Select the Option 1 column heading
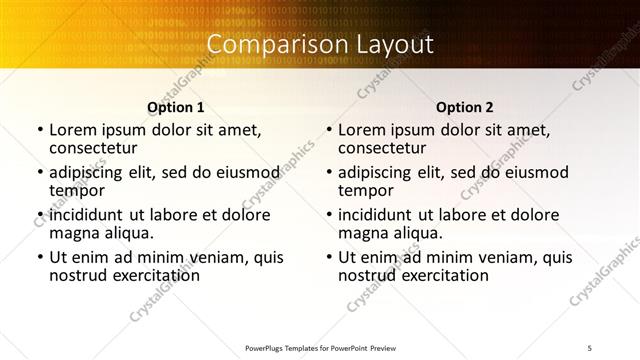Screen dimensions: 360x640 pos(176,107)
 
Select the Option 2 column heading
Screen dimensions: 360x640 pos(465,107)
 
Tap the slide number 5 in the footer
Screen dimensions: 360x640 pos(591,348)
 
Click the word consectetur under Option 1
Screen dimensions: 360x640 pos(96,148)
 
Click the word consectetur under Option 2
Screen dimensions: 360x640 pos(385,148)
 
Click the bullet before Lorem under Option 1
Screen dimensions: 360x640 pos(40,130)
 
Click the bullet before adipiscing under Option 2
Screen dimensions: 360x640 pos(329,172)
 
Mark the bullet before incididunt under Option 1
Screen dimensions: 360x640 pos(40,215)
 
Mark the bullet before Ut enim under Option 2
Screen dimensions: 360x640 pos(329,257)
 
